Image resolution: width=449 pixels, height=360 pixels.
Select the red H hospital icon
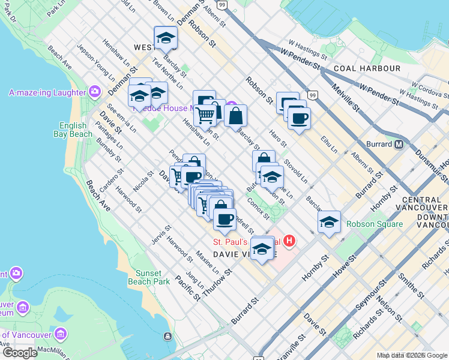click(289, 242)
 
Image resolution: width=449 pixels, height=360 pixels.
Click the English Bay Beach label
click(76, 130)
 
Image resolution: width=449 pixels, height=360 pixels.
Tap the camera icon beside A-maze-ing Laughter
click(94, 92)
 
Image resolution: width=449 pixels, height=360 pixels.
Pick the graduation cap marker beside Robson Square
click(329, 223)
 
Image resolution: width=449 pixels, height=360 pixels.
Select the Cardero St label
click(112, 180)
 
